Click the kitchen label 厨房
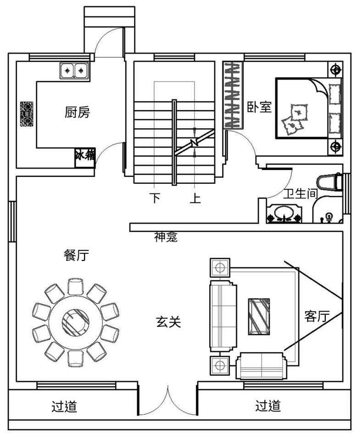[77, 112]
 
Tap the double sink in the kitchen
[74, 70]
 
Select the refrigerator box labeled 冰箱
[85, 158]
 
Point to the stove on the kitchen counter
[27, 114]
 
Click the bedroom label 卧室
[259, 107]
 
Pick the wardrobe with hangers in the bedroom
[233, 95]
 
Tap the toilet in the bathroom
[329, 182]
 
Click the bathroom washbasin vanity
[284, 214]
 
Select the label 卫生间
[301, 193]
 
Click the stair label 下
[155, 198]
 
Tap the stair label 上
[195, 198]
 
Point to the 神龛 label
[166, 237]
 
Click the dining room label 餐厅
[76, 255]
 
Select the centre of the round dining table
[75, 321]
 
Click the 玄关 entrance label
[168, 322]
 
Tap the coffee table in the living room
[259, 316]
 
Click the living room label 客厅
[317, 316]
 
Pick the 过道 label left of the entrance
[64, 406]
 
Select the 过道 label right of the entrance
[268, 405]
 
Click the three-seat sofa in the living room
[223, 316]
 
